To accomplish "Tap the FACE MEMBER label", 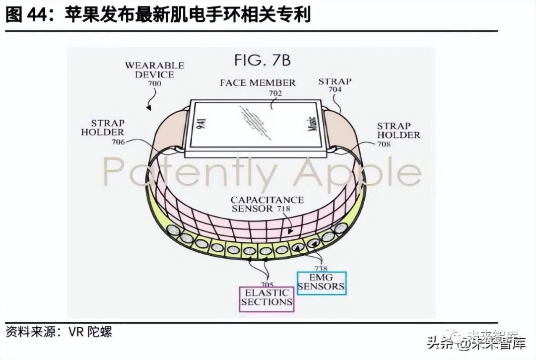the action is point(258,83).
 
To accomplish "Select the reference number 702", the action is point(275,93).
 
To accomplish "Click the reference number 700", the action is point(154,84).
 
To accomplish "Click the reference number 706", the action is point(118,142).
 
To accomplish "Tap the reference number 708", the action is point(384,144).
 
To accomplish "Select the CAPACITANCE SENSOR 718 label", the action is point(267,204).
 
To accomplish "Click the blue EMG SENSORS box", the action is point(321,282).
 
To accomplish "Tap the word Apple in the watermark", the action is point(357,172).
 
